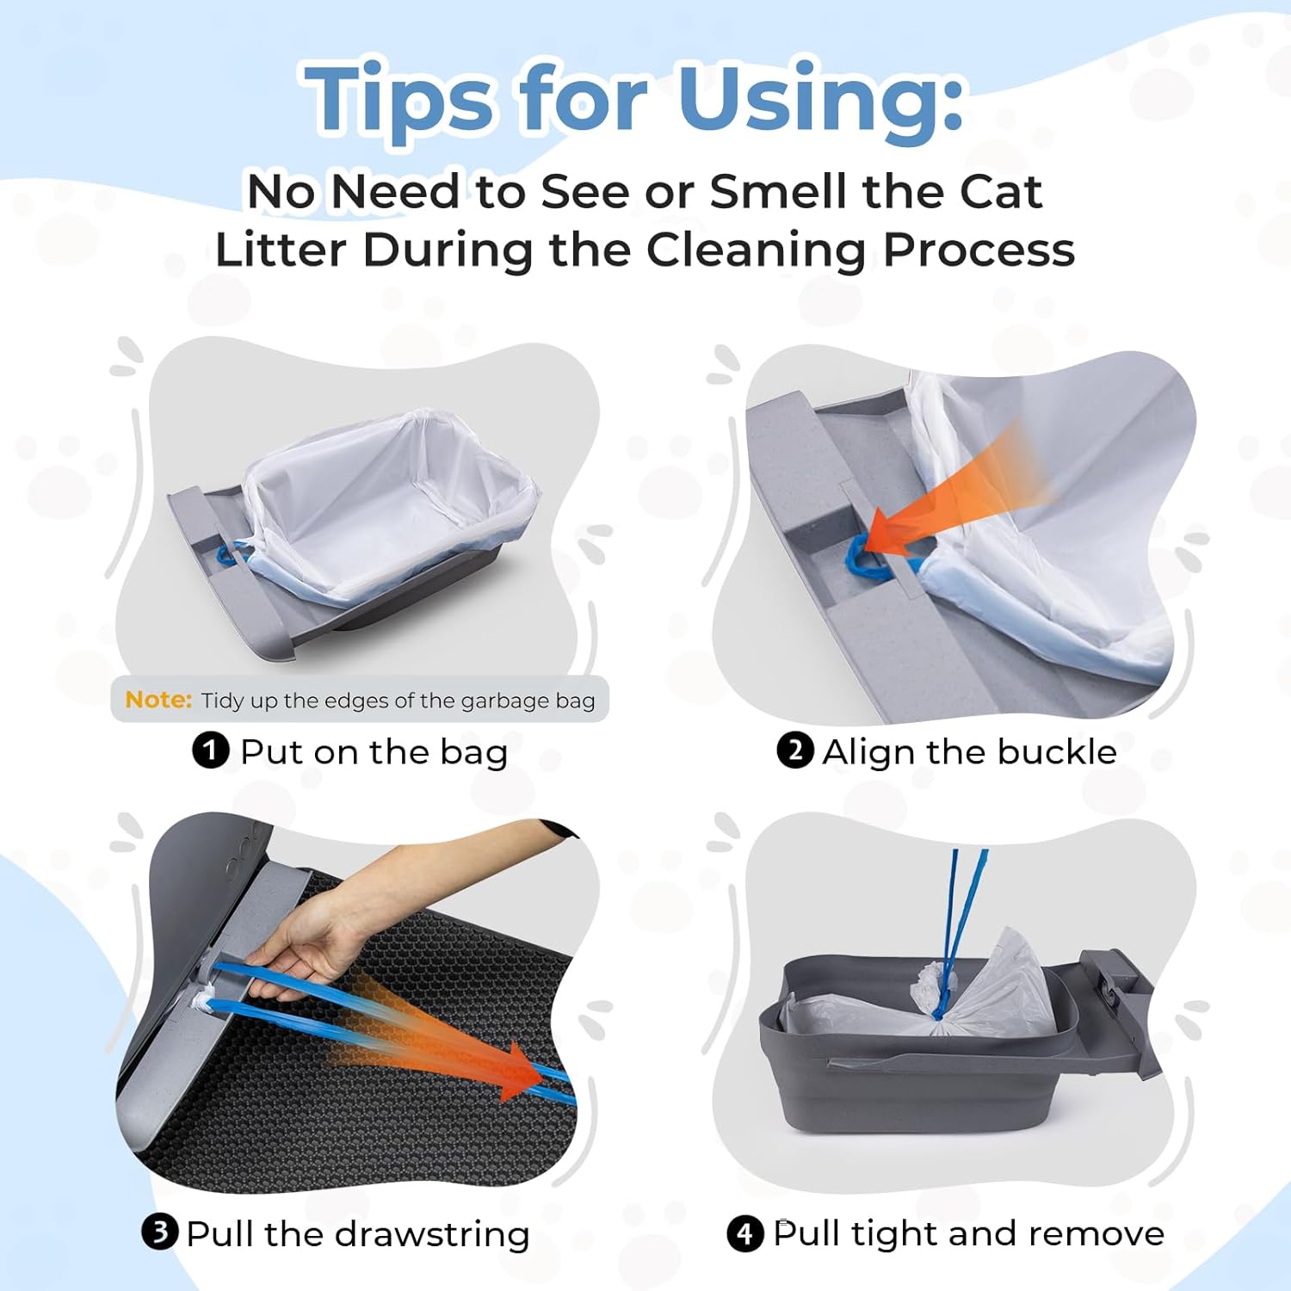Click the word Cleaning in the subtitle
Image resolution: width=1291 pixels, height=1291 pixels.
pos(756,250)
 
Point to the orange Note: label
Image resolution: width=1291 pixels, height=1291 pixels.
pos(158,700)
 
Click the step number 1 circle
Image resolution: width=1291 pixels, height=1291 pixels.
pos(210,751)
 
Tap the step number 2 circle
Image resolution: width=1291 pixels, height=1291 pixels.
pos(794,751)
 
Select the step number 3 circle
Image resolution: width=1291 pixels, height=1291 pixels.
pos(160,1232)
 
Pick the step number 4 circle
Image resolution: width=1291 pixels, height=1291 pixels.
pos(744,1233)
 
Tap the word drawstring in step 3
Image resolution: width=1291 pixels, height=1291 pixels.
pos(432,1234)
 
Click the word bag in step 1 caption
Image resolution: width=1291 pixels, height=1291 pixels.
pos(473,752)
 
